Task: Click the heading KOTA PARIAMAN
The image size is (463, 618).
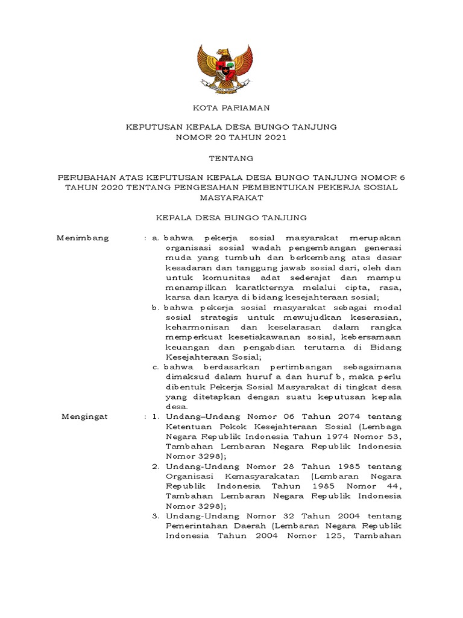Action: coord(231,107)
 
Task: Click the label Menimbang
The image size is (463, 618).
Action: coord(83,238)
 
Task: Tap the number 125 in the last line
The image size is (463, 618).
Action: coord(330,536)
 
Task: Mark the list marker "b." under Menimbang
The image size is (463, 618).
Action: coord(156,307)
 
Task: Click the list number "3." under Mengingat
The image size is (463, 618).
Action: coord(156,516)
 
